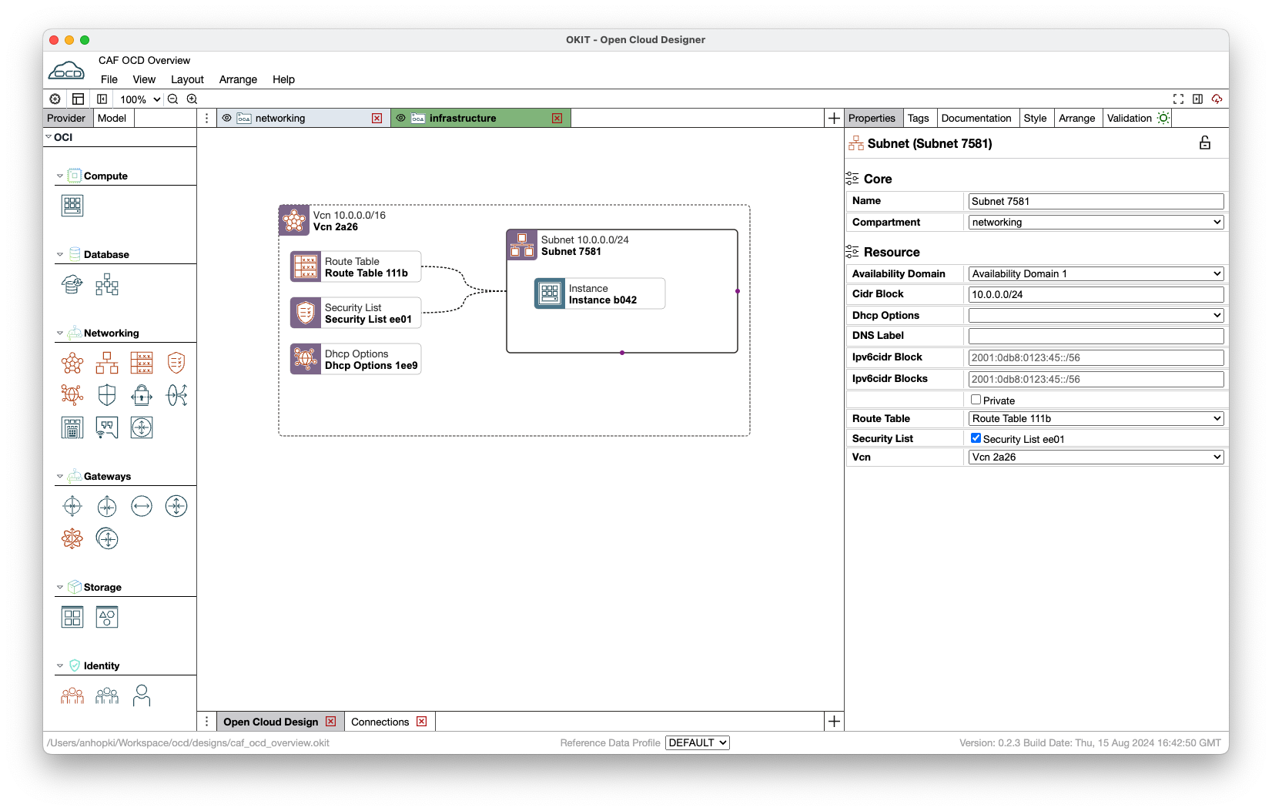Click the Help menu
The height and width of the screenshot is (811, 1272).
283,79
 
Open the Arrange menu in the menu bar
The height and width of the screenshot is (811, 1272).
238,79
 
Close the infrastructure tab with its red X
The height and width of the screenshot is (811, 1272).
557,118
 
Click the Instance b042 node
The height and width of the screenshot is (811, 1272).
600,293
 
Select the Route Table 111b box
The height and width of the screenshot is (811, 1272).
356,267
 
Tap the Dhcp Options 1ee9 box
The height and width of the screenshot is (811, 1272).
356,360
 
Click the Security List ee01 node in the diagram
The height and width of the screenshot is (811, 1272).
356,313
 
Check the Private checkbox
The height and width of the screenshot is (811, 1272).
976,400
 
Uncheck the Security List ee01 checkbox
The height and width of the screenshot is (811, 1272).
976,438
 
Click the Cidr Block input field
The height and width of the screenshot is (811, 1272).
1096,294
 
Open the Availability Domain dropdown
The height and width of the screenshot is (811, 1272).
1096,273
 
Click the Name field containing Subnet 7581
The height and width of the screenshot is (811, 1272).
1096,201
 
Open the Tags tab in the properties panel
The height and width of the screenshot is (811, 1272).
918,118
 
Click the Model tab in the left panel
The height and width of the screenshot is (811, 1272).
112,118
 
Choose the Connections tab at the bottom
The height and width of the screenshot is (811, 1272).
380,722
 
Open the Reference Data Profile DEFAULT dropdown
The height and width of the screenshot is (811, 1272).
698,743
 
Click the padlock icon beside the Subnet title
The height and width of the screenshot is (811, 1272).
1204,143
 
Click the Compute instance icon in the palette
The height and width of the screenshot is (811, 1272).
72,206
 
